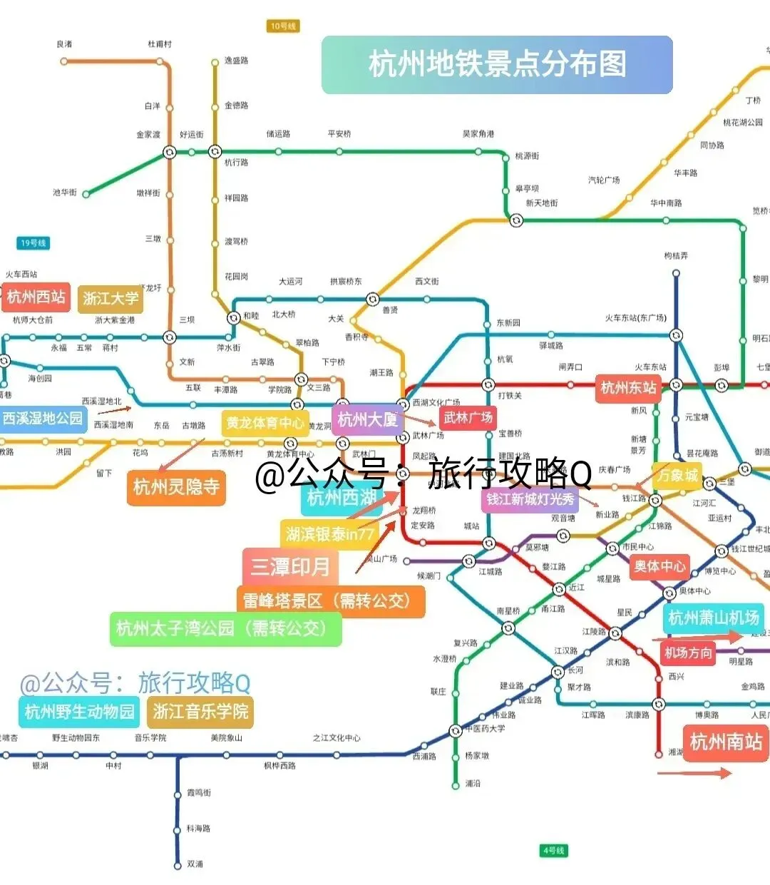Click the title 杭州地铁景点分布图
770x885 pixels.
tap(497, 64)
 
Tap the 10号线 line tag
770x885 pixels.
tap(283, 26)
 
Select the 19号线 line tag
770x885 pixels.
tap(34, 243)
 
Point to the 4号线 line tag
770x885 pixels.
tap(553, 850)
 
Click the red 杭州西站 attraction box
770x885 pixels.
tap(36, 297)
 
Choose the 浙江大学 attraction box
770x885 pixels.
tap(111, 298)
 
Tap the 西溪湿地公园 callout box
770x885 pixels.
tap(43, 419)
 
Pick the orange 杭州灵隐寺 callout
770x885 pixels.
tap(176, 487)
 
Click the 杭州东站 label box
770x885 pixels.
tap(627, 388)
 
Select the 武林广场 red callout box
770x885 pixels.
tap(468, 418)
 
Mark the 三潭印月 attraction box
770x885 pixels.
tap(290, 567)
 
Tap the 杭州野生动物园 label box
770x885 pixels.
tap(79, 711)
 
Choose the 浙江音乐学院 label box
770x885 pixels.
tap(200, 711)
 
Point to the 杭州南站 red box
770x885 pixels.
tap(726, 742)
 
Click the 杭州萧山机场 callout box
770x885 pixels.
tap(714, 618)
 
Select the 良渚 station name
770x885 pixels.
tap(65, 44)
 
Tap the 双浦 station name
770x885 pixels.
tap(195, 864)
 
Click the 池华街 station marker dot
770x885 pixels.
tap(86, 193)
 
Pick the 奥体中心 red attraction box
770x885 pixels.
tap(659, 566)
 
